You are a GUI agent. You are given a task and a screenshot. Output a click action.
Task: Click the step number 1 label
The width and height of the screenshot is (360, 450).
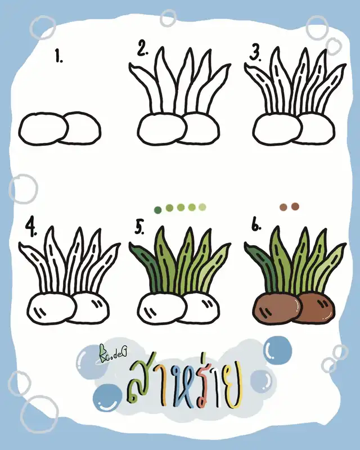pos(59,56)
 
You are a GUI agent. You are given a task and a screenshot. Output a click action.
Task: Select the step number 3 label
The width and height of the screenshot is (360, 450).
pos(255,53)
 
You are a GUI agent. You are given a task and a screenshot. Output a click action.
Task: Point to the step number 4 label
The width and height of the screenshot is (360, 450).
pos(31,228)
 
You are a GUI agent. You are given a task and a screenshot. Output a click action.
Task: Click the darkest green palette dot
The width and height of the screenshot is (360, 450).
pos(158,210)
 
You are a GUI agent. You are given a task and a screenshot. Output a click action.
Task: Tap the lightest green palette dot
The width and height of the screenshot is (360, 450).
pos(202,207)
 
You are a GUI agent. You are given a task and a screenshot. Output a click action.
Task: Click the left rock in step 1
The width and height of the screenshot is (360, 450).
pos(43,129)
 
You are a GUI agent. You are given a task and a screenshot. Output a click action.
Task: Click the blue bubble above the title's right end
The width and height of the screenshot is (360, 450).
pos(277,350)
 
